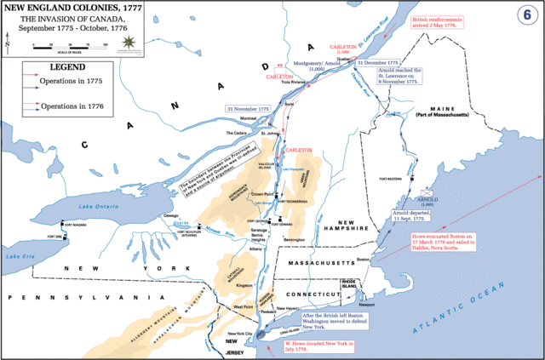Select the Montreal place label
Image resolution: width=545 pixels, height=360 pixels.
(x=247, y=118)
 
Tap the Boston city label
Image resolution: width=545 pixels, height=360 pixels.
(x=364, y=259)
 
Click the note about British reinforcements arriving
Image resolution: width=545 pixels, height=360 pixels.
(x=437, y=21)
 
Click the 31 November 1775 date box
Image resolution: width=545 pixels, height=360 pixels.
(x=247, y=109)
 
